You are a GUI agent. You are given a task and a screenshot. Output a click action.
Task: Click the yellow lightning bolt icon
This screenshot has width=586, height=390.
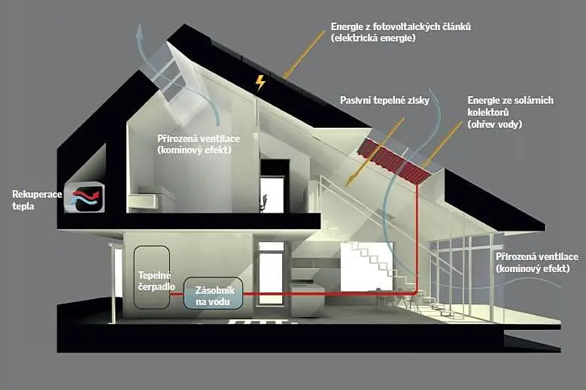260,83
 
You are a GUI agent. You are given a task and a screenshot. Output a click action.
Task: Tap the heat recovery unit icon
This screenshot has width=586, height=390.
84,197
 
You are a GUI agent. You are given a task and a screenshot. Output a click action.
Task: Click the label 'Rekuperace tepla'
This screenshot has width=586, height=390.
37,200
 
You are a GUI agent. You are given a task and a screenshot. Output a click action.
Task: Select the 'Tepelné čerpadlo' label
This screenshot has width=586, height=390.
156,281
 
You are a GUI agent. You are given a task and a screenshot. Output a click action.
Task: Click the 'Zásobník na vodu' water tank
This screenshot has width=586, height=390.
213,293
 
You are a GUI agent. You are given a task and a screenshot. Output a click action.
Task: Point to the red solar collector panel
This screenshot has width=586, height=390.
393,160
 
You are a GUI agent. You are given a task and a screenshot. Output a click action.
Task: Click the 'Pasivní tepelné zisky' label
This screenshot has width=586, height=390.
384,100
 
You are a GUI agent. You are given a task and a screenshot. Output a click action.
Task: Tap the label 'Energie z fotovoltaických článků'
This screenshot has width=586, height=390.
401,26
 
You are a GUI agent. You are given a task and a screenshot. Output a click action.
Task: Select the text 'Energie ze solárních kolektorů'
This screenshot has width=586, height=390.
510,106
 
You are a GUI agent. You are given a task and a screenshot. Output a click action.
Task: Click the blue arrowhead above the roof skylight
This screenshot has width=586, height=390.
140,32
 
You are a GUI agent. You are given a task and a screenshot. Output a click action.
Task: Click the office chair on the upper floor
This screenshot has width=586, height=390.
264,203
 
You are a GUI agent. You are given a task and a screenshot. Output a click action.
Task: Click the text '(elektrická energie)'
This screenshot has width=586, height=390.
373,38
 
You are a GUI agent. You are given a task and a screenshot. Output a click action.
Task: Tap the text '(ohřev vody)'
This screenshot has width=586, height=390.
494,124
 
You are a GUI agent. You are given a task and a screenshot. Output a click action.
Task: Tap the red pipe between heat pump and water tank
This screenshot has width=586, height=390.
176,294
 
